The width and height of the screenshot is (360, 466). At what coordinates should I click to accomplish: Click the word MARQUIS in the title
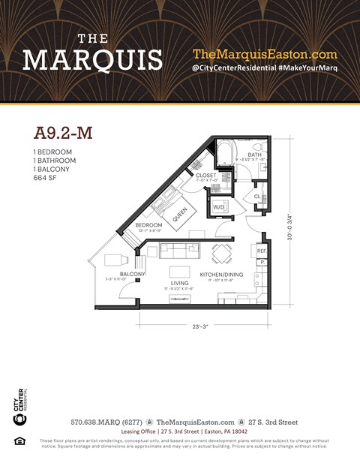pos(92,59)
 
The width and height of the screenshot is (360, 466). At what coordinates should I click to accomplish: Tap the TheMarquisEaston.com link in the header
pos(266,54)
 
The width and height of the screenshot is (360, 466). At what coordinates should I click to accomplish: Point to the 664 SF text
pos(46,178)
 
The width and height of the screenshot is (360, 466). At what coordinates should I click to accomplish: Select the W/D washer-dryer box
pos(220,206)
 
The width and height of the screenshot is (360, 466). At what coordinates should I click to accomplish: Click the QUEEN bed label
pos(180,215)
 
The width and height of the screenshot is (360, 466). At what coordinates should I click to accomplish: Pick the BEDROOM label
pos(148,225)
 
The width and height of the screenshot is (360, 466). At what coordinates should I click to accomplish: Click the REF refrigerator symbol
pos(262,251)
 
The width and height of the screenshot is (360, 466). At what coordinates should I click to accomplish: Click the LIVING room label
pos(178,283)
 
